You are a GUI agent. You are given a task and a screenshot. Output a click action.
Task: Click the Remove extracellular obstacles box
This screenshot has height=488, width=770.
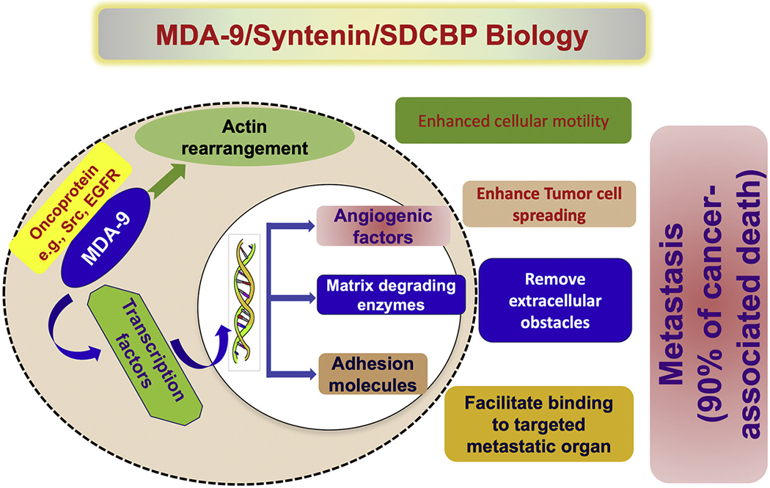pos(554,299)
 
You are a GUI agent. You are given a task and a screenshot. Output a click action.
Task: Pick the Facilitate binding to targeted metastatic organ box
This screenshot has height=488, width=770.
pos(538,423)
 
